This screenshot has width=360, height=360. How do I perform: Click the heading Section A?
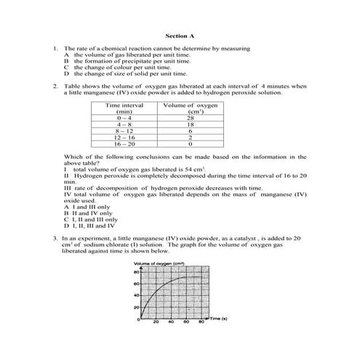pyautogui.click(x=180, y=35)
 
